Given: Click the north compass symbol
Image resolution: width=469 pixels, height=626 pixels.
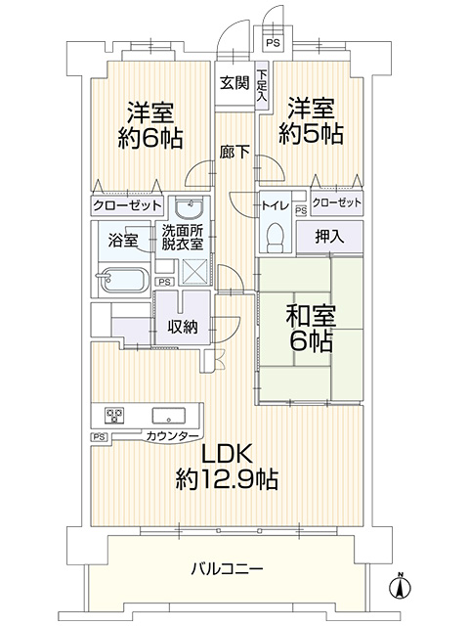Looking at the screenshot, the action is tap(401, 586).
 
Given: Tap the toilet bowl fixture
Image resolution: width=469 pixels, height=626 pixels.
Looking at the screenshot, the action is tap(275, 237).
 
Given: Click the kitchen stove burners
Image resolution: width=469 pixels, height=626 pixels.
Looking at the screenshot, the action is tap(114, 416).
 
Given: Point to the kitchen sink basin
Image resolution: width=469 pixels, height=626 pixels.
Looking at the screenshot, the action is tap(168, 416).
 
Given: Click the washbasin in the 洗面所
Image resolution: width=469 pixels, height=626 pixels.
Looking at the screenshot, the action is tap(190, 208).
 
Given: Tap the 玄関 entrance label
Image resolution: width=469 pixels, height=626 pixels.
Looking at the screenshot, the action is tap(234, 83).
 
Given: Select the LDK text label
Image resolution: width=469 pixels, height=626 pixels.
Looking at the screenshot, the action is tap(227, 454).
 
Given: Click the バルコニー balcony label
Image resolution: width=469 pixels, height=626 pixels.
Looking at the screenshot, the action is tap(227, 568).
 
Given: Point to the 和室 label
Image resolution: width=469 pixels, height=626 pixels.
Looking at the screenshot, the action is tap(311, 316).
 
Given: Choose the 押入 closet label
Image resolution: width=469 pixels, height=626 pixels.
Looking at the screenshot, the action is tap(329, 237).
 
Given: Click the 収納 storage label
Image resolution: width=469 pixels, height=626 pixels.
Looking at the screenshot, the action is tap(183, 328).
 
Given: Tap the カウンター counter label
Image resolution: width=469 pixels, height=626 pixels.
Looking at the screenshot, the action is tap(172, 435).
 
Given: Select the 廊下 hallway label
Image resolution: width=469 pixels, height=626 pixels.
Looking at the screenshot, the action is tap(234, 153).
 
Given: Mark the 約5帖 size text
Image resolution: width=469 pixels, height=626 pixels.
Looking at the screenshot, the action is tap(311, 134).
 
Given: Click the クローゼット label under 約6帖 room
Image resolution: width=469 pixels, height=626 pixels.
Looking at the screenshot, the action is tap(127, 206).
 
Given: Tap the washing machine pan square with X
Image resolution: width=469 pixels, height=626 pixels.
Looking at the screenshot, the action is tap(193, 272).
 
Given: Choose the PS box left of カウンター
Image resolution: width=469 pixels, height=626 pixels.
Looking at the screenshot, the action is tap(100, 437).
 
